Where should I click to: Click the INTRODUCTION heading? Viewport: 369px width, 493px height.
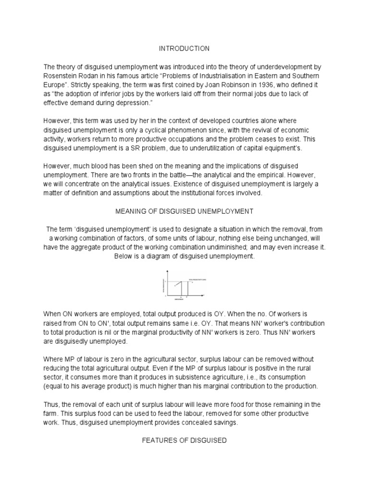[184, 49]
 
